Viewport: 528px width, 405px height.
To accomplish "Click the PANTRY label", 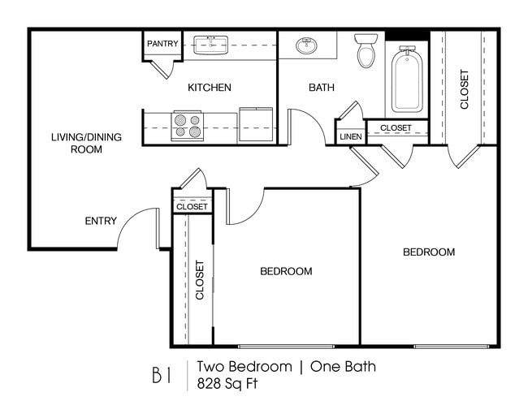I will (162, 44).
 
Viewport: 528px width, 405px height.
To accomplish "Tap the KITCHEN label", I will (210, 88).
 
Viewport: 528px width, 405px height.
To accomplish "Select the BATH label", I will (322, 88).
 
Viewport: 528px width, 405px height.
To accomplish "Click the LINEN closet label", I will (350, 136).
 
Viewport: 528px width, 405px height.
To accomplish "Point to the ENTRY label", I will (101, 221).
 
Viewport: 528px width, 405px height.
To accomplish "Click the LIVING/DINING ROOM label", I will (86, 143).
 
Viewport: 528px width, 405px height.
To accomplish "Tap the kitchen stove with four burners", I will (188, 127).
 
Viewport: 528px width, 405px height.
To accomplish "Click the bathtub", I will (406, 79).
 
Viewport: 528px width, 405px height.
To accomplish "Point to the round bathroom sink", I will (307, 45).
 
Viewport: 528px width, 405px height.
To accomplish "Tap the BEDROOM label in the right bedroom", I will (429, 252).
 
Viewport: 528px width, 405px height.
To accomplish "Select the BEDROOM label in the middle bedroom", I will (286, 271).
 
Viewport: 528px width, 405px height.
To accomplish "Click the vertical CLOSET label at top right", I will (465, 88).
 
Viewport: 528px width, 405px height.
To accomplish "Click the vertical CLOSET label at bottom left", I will (200, 280).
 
